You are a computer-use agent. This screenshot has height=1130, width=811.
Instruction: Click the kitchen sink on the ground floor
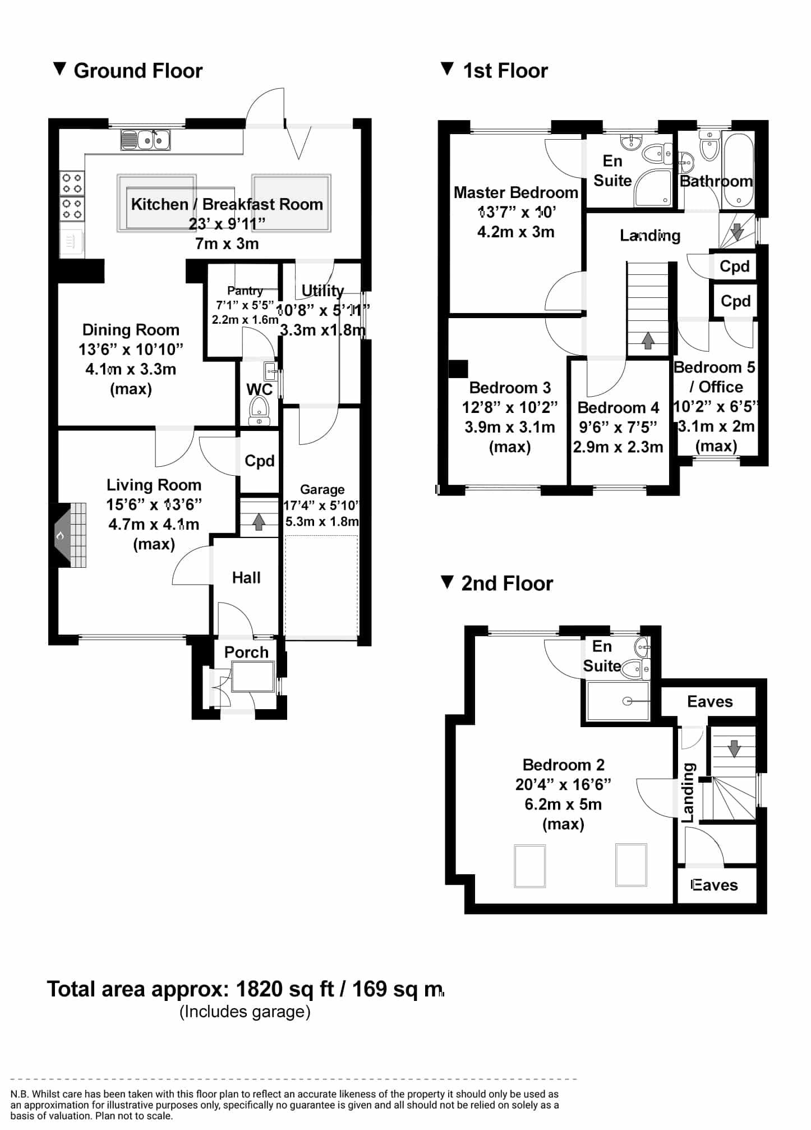pos(145,140)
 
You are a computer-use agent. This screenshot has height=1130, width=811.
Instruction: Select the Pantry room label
pos(245,291)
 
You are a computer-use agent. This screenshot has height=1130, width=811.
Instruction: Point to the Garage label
pos(322,489)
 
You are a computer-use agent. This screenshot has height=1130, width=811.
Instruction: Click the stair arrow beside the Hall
pos(259,522)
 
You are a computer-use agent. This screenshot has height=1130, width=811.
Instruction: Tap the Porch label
pos(246,652)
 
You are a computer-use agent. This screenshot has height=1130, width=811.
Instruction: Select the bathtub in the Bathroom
pos(739,170)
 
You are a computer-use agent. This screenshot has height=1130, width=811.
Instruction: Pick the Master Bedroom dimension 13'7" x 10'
pos(516,212)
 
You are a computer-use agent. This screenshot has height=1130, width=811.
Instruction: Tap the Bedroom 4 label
pos(618,407)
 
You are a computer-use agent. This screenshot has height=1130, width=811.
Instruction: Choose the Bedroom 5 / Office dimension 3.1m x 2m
pos(716,426)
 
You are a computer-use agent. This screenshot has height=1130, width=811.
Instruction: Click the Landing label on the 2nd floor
pos(688,793)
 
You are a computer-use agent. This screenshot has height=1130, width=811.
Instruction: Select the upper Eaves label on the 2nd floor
pos(710,701)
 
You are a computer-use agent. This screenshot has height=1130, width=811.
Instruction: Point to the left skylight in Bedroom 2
pos(530,866)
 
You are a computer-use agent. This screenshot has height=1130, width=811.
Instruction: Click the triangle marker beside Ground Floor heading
pos(59,69)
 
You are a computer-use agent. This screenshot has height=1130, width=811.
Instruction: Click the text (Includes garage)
pos(245,1011)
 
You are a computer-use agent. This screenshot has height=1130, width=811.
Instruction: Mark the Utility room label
pos(322,291)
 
